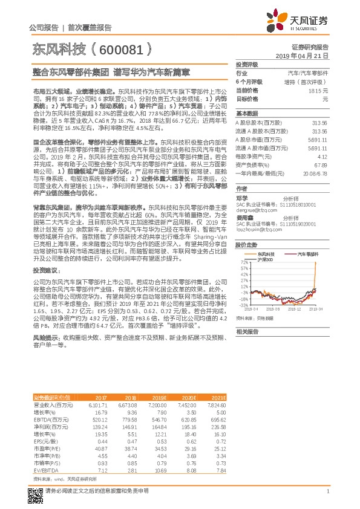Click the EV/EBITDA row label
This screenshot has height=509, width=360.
pyautogui.click(x=45, y=470)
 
